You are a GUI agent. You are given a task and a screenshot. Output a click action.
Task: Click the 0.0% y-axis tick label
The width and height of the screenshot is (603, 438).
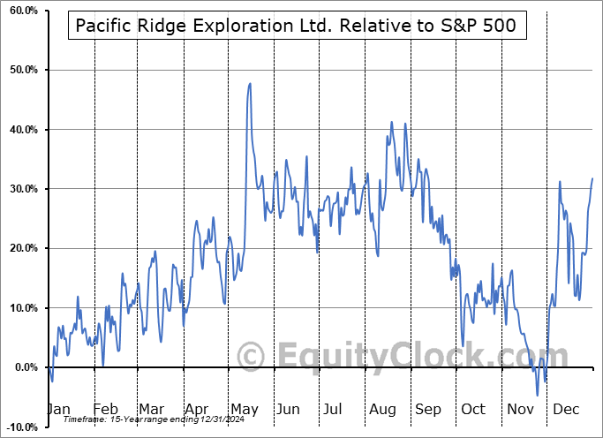[23, 367]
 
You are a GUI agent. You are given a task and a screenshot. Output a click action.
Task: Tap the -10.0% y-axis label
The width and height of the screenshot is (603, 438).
[19, 427]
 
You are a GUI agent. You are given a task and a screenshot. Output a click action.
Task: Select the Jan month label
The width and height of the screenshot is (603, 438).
[58, 410]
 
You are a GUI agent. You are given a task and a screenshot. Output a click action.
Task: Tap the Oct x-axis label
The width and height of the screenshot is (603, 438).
[473, 410]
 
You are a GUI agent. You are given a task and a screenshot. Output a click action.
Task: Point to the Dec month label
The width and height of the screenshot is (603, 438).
[565, 410]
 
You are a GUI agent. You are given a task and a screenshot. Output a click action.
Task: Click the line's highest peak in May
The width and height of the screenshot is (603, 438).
[251, 83]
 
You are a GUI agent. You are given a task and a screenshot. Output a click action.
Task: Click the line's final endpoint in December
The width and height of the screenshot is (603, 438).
[592, 178]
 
